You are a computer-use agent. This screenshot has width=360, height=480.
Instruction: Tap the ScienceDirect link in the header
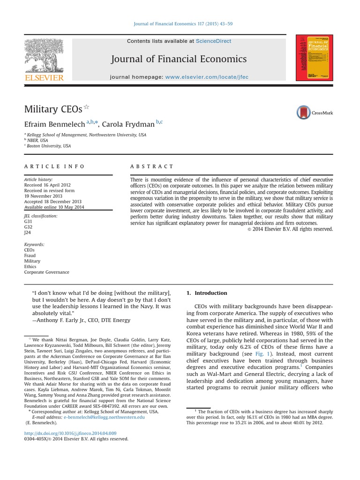coord(214,41)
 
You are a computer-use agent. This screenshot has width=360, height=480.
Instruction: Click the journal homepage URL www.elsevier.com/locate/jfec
coord(207,76)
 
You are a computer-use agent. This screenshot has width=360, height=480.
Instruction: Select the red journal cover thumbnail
coord(314,58)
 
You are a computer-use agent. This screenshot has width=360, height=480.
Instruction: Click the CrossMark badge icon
coord(315,112)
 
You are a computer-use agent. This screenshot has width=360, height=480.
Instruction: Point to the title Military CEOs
coord(53,109)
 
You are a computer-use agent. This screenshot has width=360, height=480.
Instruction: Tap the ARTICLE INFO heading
coord(54,166)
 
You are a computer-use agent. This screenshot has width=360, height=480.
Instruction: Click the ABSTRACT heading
coord(151,166)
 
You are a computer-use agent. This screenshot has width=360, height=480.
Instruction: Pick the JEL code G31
coord(29,222)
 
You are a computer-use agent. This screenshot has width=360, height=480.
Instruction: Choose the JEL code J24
coord(28,233)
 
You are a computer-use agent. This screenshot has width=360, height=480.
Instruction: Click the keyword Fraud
coord(30,255)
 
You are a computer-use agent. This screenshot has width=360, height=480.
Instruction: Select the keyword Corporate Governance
coord(46,272)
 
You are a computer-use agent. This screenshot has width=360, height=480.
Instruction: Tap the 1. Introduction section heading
coord(207,293)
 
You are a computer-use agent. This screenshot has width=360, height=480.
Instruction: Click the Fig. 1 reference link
coord(262,354)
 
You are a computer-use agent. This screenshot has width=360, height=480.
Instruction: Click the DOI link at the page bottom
coord(70,433)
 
